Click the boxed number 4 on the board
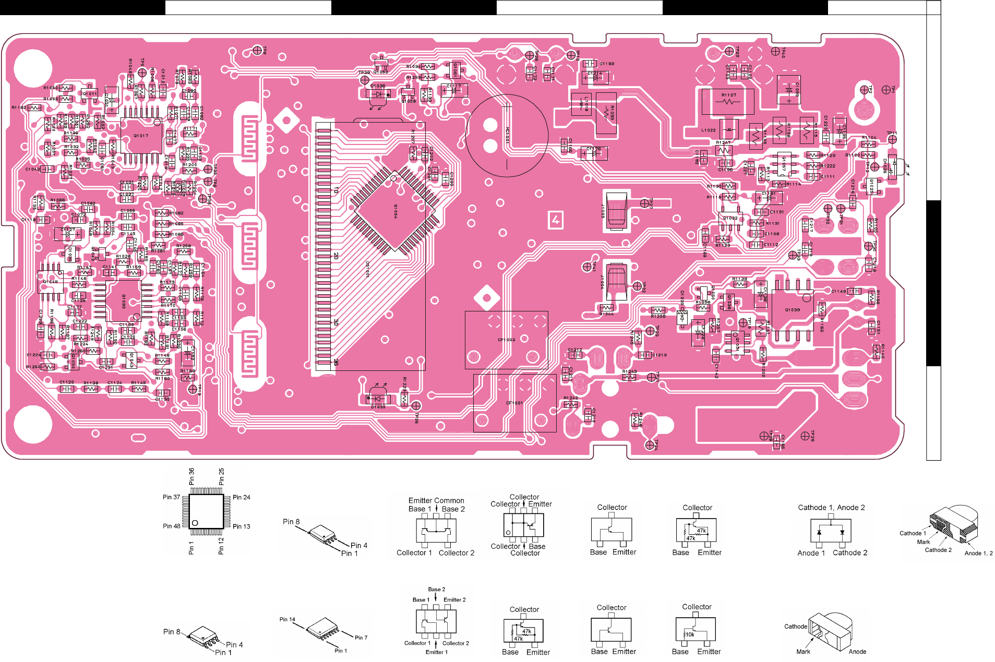(x=556, y=220)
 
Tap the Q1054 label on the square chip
(x=396, y=211)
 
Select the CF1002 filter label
(x=506, y=340)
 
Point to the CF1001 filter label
(x=514, y=403)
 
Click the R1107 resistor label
(x=729, y=95)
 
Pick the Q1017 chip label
(x=141, y=136)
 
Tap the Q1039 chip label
(x=792, y=310)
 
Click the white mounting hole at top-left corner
(x=33, y=68)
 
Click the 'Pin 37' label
(x=171, y=497)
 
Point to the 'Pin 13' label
(x=241, y=526)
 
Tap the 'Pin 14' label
(x=287, y=619)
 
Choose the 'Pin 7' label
(x=361, y=637)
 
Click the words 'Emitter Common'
(x=436, y=500)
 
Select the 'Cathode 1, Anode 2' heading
(x=831, y=507)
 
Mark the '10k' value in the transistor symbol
(x=690, y=634)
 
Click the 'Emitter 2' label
(x=454, y=599)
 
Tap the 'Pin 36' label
(x=191, y=476)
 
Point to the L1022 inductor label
(x=708, y=130)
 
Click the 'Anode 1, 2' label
(x=978, y=553)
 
